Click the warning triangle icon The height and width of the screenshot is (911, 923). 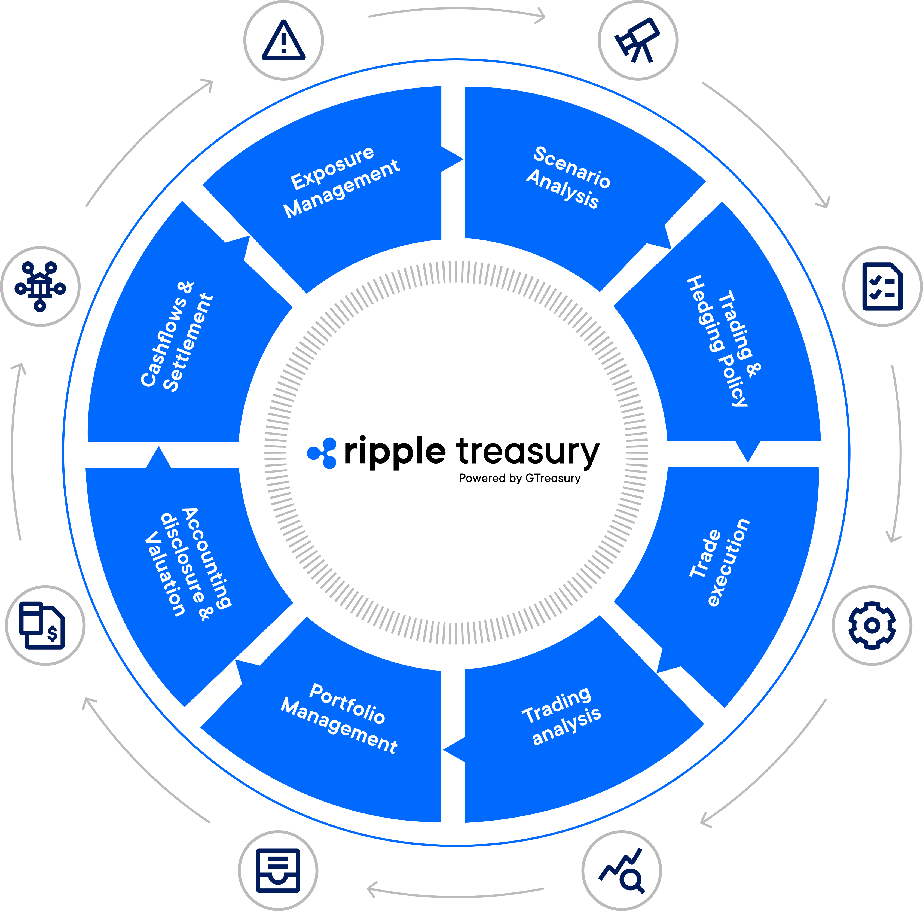click(283, 41)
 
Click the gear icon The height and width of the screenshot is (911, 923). click(872, 625)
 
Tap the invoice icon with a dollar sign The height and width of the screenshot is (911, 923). click(43, 625)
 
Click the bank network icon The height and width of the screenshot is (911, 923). click(40, 286)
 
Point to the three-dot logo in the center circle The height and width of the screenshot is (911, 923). click(322, 453)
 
